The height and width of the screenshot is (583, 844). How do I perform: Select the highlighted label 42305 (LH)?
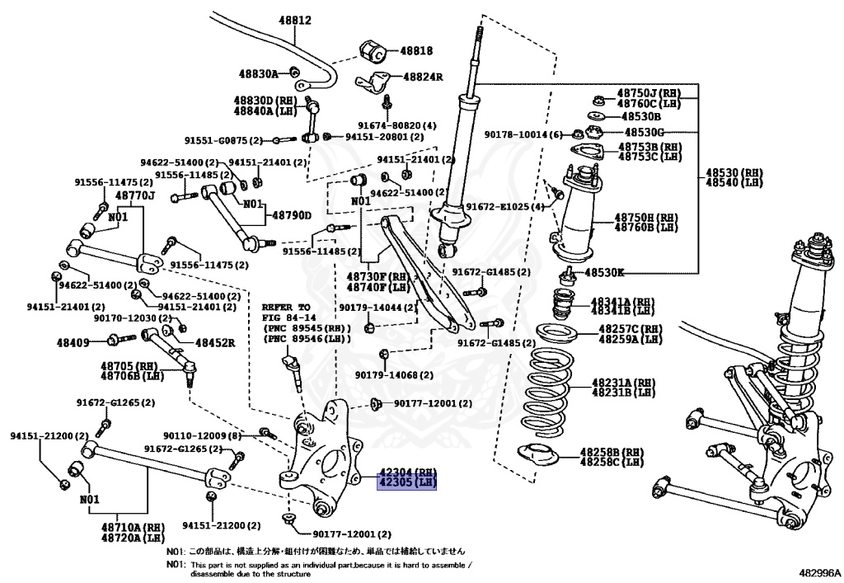406,482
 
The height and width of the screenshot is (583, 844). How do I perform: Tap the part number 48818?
416,50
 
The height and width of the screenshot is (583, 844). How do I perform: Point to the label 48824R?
423,77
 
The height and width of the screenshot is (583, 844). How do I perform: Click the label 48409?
74,341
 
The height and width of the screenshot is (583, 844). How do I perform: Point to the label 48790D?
291,216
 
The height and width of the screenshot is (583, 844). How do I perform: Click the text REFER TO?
286,305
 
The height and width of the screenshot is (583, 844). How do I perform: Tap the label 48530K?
605,272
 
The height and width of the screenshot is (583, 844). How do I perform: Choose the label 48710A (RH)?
132,526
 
